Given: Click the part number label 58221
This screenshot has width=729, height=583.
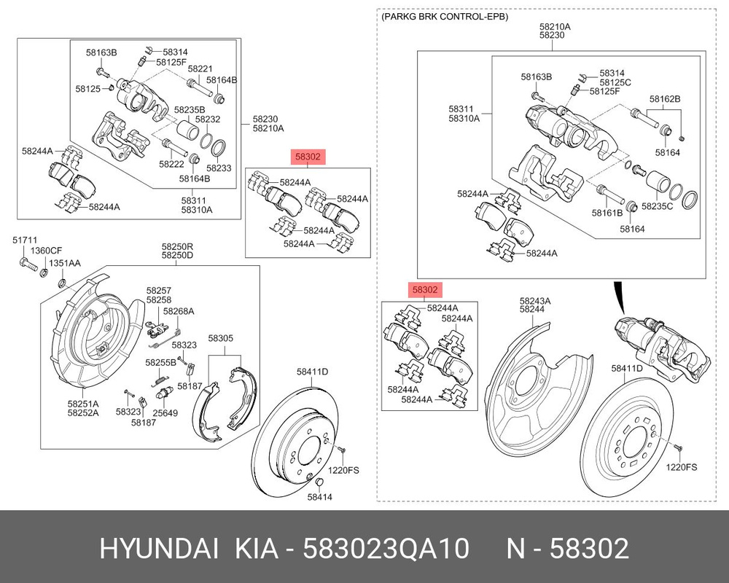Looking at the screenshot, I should pos(200,69).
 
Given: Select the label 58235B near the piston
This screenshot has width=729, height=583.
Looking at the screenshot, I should pos(190,110).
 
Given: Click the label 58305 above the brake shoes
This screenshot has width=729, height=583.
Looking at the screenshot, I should pos(221,338).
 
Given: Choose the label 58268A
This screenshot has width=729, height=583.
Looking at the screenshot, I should pos(179,311).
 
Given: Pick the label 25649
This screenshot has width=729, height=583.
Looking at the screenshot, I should pos(165,413).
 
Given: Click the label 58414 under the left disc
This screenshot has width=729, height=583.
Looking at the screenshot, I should pos(319,498).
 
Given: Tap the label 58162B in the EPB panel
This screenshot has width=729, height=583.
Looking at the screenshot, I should pos(665,98).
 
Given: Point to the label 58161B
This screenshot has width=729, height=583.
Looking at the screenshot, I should pos(609,213).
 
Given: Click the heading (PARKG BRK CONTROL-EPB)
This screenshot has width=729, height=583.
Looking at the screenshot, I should pos(444,16).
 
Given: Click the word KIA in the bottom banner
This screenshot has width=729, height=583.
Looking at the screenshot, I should pos(256,548).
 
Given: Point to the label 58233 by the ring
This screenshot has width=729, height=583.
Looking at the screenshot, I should pos(218,168).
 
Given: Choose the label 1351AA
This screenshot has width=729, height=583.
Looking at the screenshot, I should pos(65,262).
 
